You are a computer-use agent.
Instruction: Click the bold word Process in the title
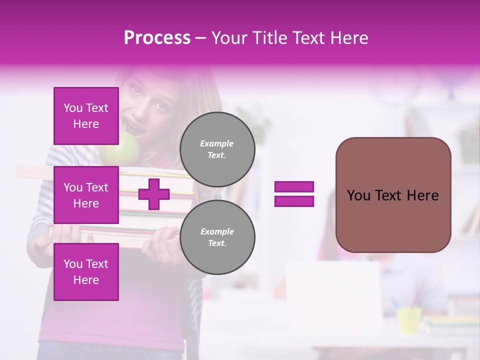coord(157,38)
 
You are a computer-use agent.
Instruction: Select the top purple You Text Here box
coord(86,116)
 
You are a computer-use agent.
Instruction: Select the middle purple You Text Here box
coord(86,195)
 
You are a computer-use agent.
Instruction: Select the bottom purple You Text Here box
coord(86,272)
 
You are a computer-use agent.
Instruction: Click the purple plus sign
coord(154,194)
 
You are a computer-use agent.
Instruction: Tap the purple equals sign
coord(294,194)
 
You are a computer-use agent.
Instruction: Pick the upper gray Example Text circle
coord(217,149)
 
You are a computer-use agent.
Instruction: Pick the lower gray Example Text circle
coord(217,237)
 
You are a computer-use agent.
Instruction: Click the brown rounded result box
coord(393,195)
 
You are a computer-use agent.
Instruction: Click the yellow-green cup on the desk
coord(409,320)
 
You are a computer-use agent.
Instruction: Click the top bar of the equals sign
coord(294,187)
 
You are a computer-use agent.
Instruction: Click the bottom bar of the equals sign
coord(294,201)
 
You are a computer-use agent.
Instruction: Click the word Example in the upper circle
coord(217,143)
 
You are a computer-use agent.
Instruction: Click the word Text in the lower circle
coord(217,243)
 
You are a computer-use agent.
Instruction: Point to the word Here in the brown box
coord(422,195)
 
